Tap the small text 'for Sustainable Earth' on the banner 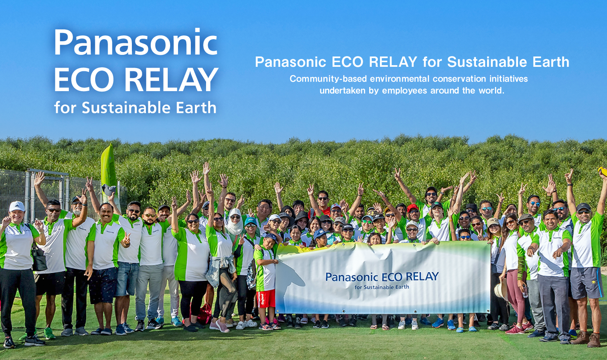pos(382,287)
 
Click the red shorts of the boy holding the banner pos(266,299)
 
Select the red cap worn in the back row pos(412,208)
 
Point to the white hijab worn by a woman pos(235,225)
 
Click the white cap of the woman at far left pos(17,206)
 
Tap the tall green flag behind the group pos(108,169)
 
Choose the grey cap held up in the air pos(109,190)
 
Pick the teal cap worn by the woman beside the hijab pos(250,221)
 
